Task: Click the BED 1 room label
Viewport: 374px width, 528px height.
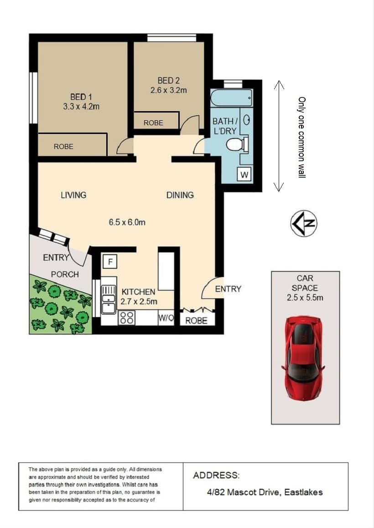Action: point(81,97)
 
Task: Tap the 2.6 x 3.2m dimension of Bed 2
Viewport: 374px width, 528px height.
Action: point(169,90)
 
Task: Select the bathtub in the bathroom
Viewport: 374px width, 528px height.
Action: point(231,98)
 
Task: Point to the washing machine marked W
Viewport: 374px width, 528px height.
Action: point(244,175)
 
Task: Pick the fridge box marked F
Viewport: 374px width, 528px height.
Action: point(110,261)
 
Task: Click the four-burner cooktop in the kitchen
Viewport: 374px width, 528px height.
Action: point(126,318)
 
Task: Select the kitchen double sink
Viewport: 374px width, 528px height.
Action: point(109,299)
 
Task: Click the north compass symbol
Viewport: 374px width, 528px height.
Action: point(304,223)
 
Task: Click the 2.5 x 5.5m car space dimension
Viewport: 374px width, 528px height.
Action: point(305,297)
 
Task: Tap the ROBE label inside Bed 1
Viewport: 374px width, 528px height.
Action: point(63,147)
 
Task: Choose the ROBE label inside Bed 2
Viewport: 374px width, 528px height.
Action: point(153,123)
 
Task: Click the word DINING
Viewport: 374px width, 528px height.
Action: point(180,195)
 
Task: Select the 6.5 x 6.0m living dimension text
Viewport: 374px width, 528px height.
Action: point(127,222)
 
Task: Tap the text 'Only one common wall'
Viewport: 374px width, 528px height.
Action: point(302,138)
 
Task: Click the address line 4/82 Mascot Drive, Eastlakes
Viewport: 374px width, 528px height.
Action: point(265,492)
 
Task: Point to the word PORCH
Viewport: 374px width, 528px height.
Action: point(65,274)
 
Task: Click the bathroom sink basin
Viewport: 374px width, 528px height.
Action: point(247,120)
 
